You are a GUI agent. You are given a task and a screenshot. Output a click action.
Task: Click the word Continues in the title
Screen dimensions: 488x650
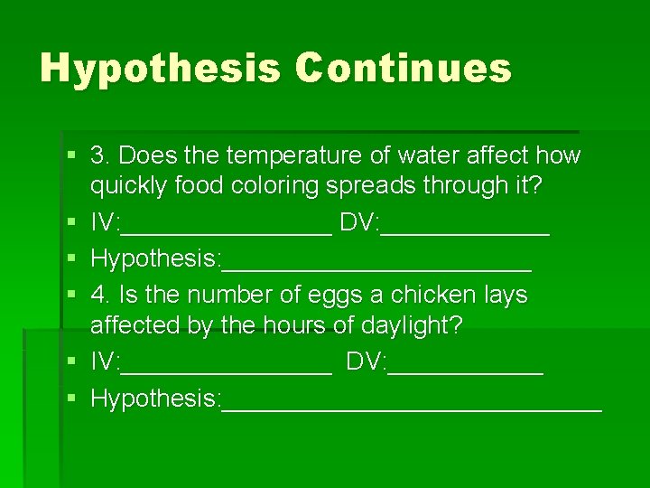click(x=402, y=69)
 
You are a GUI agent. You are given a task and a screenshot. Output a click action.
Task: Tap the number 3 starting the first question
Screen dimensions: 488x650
click(x=97, y=155)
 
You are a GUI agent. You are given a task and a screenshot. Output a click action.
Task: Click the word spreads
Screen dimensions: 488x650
click(x=370, y=185)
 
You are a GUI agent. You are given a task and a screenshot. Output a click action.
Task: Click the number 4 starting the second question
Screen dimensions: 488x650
click(x=97, y=295)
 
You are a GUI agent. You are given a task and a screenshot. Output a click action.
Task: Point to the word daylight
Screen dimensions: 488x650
click(x=405, y=324)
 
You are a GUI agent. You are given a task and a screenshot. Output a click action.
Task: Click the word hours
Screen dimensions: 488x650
click(x=285, y=324)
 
